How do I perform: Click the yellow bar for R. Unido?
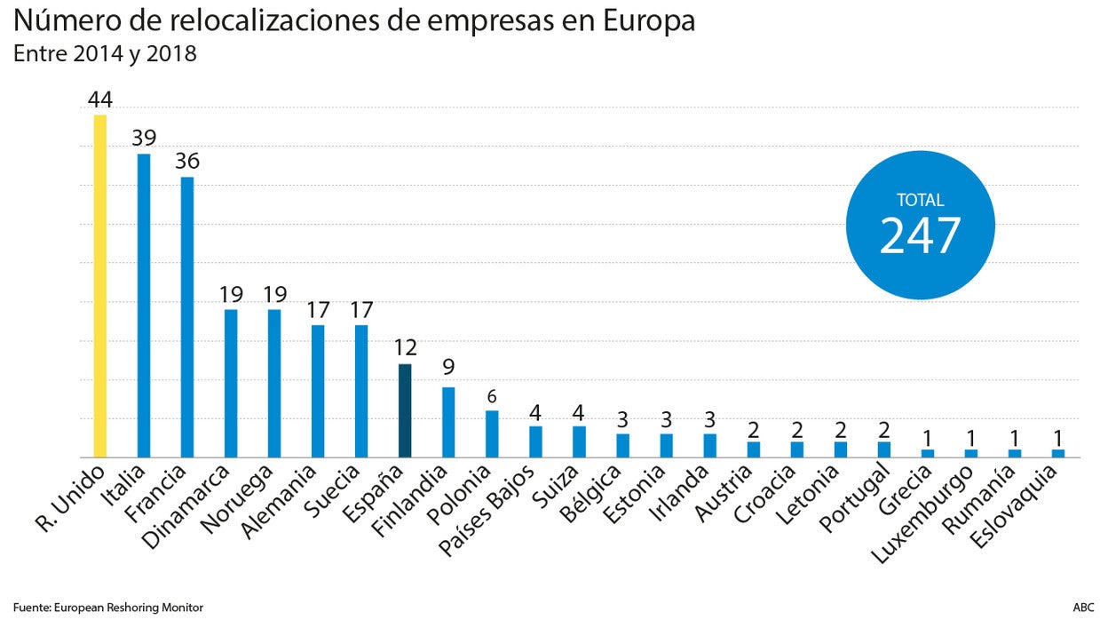(x=100, y=286)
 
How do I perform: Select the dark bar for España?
(x=405, y=410)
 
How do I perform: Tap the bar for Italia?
(x=144, y=306)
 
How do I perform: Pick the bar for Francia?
(x=187, y=317)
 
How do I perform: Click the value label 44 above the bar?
(x=100, y=99)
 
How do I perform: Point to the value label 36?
(x=187, y=162)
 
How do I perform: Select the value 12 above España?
(x=405, y=348)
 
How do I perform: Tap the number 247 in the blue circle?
(x=920, y=236)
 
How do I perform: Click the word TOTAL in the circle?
(x=920, y=201)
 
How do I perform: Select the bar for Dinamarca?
(x=231, y=383)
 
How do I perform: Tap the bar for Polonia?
(x=492, y=433)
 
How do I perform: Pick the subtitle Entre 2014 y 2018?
(x=105, y=54)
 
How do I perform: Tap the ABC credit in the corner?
(x=1083, y=608)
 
